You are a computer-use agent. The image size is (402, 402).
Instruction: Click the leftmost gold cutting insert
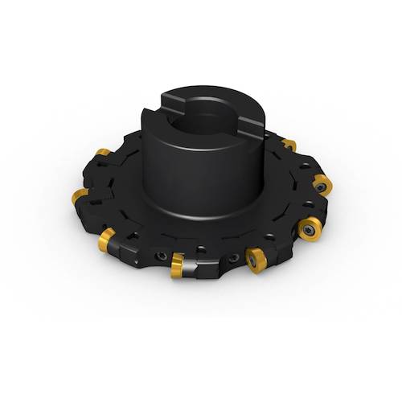click(x=78, y=196)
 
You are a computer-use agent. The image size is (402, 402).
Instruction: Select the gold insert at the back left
click(x=103, y=154)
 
